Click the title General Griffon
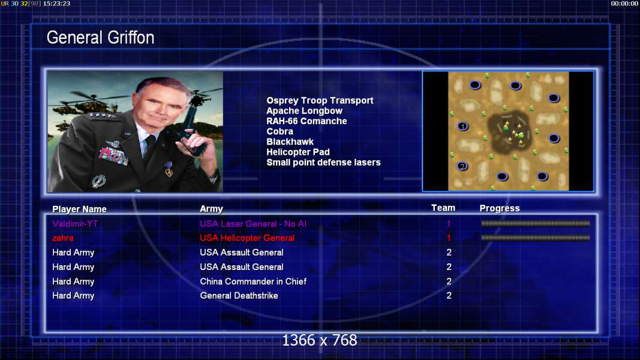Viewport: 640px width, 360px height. [100, 38]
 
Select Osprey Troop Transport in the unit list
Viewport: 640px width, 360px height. [320, 100]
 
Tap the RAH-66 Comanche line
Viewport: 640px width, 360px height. [307, 121]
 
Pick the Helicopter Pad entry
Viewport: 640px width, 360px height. [298, 152]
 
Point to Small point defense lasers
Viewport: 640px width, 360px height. [323, 163]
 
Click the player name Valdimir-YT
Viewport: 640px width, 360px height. [75, 224]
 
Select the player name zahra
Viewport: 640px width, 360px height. [63, 238]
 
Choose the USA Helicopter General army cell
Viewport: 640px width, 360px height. [247, 238]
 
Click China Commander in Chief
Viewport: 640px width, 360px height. [253, 281]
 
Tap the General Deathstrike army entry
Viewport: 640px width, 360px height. [239, 296]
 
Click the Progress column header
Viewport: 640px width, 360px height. [500, 208]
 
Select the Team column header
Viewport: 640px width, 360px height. [443, 208]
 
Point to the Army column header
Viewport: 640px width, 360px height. [211, 209]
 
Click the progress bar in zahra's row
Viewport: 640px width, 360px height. [535, 238]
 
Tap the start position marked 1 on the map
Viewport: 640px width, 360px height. [462, 126]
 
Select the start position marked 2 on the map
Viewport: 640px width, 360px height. [462, 166]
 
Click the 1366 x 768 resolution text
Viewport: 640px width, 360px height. [320, 340]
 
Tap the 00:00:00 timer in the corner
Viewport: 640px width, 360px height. [624, 4]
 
